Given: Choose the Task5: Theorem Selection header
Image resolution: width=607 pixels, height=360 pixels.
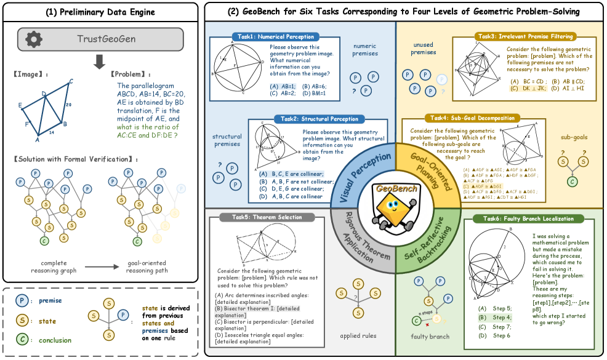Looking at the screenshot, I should click(270, 217).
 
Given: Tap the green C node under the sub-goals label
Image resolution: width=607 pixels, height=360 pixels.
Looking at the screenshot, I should click(572, 182).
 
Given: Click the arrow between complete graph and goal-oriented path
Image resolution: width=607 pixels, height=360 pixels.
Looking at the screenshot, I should click(102, 268).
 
